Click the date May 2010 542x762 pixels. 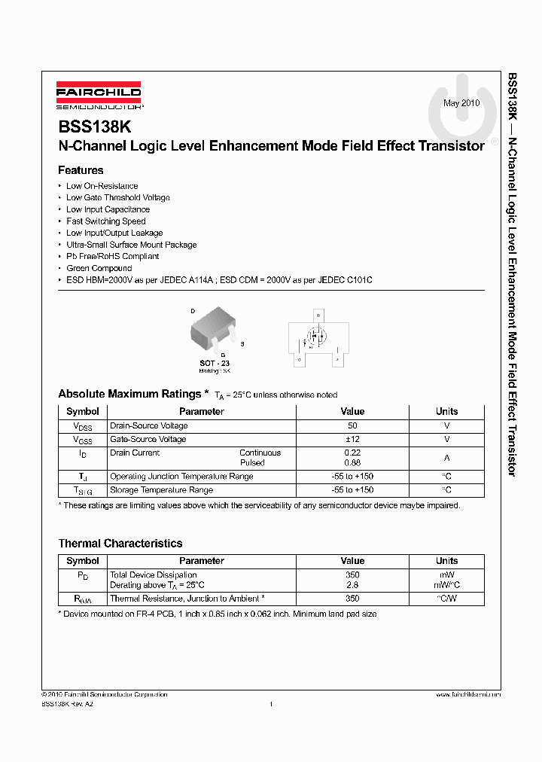(x=461, y=102)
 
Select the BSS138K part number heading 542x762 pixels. (x=94, y=128)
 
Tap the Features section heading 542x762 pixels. (x=81, y=170)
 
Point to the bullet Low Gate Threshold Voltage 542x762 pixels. (x=117, y=197)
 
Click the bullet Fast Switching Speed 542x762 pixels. (x=105, y=221)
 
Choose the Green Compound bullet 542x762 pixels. (x=99, y=268)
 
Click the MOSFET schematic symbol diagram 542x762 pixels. (x=318, y=340)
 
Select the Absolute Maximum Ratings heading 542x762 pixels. (x=129, y=394)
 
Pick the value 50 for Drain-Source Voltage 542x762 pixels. (x=352, y=425)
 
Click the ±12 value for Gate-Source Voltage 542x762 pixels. (x=352, y=439)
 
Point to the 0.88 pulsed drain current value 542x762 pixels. (x=352, y=463)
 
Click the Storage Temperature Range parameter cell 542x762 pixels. (x=161, y=490)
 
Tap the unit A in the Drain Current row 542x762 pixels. (x=446, y=458)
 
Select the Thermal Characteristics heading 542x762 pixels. (x=120, y=543)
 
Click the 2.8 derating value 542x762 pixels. (x=352, y=585)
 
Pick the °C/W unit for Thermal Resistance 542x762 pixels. (x=446, y=599)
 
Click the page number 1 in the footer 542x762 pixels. (x=270, y=704)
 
